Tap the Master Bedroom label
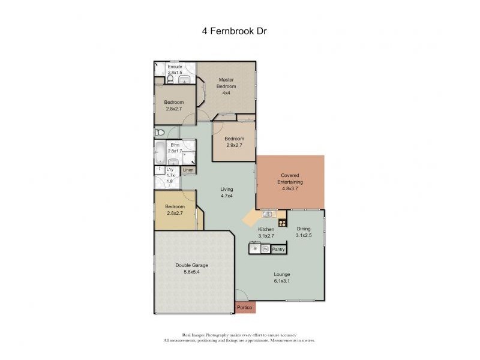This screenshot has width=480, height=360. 226,83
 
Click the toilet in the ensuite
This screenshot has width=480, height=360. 171,79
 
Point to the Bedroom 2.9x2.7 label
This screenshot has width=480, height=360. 235,142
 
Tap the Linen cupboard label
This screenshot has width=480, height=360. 188,170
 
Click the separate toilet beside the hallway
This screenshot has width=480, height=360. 160,133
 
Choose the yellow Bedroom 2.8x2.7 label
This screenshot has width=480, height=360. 175,209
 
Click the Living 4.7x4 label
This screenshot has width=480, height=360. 226,192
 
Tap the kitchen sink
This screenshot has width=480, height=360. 267,214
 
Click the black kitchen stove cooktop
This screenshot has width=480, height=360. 282,223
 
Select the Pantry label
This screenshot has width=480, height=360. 278,248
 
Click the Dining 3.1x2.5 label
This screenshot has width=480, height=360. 305,232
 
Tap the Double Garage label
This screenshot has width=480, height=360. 192,268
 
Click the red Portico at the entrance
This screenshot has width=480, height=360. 244,308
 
